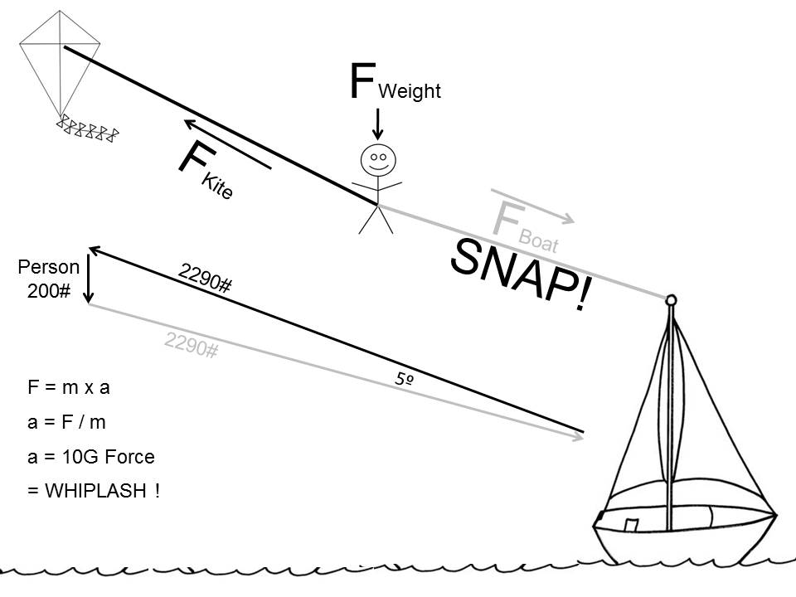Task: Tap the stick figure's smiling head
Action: coord(378,158)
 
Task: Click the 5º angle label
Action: coord(405,379)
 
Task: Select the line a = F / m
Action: coord(66,422)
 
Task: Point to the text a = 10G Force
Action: coord(91,457)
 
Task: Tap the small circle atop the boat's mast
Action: coord(671,299)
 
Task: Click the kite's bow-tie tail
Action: coord(88,129)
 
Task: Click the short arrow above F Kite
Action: coord(227,144)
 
